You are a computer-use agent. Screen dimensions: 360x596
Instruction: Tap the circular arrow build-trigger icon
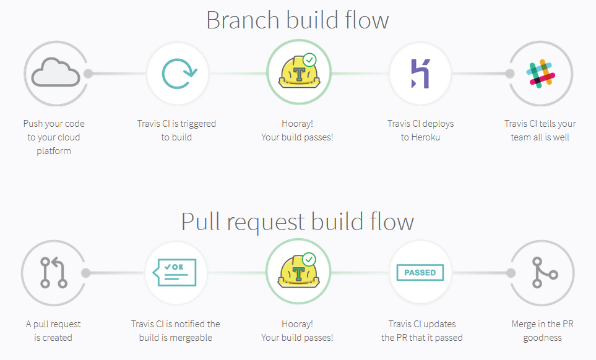coord(179,74)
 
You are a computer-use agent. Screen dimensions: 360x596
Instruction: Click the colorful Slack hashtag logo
coord(541,74)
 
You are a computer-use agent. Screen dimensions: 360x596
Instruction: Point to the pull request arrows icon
coord(54,273)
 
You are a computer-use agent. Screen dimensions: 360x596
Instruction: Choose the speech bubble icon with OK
coord(177,272)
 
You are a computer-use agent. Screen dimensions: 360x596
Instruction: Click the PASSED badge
coord(420,272)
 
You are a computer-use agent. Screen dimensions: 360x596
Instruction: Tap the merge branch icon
coord(543,273)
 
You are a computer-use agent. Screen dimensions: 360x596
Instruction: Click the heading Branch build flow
coord(297,20)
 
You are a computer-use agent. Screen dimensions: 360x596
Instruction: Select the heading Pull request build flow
coord(297,221)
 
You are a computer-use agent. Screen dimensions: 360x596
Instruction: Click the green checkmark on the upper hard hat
coord(309,59)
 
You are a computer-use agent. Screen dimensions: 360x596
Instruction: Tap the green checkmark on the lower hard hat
coord(309,259)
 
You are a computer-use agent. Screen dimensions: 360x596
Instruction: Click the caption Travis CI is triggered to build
coord(176,131)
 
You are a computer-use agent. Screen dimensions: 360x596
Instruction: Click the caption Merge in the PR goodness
coord(542,330)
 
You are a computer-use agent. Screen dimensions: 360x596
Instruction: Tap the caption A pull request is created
coord(53,330)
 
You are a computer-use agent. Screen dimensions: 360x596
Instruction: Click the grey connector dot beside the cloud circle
coord(88,74)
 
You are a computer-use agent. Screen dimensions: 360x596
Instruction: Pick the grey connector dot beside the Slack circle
coord(509,74)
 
